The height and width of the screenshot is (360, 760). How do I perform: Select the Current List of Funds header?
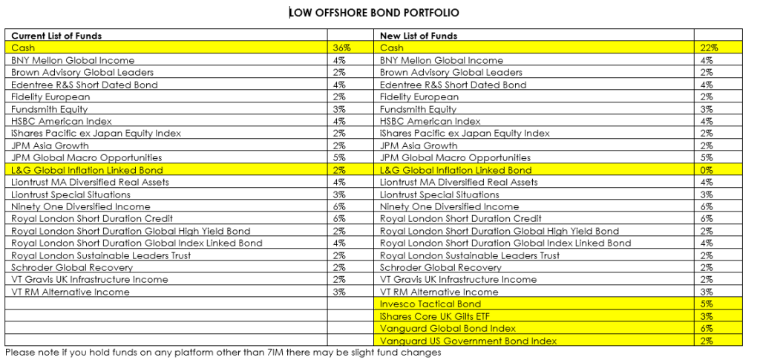[56, 36]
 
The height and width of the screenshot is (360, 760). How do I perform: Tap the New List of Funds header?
[419, 36]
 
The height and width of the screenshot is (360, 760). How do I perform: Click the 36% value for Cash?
[341, 48]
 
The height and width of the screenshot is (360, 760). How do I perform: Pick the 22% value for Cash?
[709, 48]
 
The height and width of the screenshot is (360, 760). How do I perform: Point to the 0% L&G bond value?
[707, 170]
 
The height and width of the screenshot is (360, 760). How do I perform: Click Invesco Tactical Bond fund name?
[430, 304]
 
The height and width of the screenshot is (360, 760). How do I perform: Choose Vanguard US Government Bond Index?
[468, 341]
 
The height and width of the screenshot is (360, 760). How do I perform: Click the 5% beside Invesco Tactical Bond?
[707, 304]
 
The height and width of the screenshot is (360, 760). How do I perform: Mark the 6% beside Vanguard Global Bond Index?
[707, 329]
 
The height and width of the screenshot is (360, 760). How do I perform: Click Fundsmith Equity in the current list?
[50, 109]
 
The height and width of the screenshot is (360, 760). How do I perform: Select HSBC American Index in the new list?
[430, 121]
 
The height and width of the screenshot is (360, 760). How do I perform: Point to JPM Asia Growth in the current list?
[50, 145]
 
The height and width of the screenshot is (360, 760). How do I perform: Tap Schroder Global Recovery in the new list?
[441, 267]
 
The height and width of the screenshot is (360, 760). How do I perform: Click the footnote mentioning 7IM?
[223, 353]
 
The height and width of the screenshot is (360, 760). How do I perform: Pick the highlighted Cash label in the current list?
[23, 48]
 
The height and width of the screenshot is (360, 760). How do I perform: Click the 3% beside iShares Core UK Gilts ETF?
[707, 316]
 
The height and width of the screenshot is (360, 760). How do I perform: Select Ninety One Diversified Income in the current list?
[80, 206]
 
